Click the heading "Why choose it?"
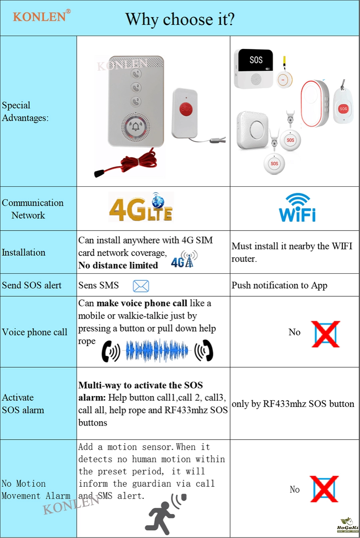(x=180, y=19)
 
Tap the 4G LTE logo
(x=141, y=207)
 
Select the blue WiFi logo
(x=297, y=207)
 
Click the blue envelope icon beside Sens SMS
(x=141, y=286)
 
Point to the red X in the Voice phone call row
(x=326, y=334)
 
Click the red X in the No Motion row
(x=324, y=489)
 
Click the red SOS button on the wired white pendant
(x=186, y=109)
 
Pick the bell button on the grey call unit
(x=136, y=126)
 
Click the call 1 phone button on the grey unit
(x=136, y=74)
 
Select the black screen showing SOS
(x=256, y=60)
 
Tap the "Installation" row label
(x=24, y=253)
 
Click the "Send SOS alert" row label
(x=32, y=285)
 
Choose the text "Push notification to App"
(x=279, y=285)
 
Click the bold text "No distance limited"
(x=118, y=265)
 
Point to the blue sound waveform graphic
(x=157, y=351)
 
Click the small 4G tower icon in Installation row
(x=184, y=259)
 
